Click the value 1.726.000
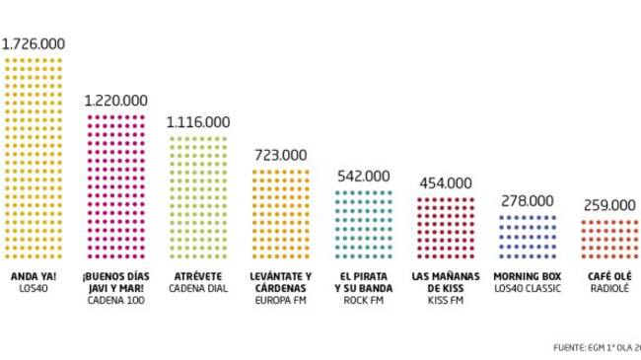[x=34, y=44]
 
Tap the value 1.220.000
[x=116, y=100]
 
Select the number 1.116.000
[x=198, y=122]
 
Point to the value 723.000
[x=280, y=155]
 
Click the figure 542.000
[x=364, y=176]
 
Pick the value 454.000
[x=446, y=182]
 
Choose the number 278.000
[x=528, y=201]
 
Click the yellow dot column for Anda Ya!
[x=34, y=158]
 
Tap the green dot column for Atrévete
[x=198, y=197]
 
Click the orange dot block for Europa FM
[x=281, y=214]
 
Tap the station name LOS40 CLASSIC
[x=528, y=288]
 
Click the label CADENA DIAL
[x=198, y=288]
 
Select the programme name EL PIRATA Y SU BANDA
[x=364, y=281]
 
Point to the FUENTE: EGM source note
[x=597, y=346]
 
